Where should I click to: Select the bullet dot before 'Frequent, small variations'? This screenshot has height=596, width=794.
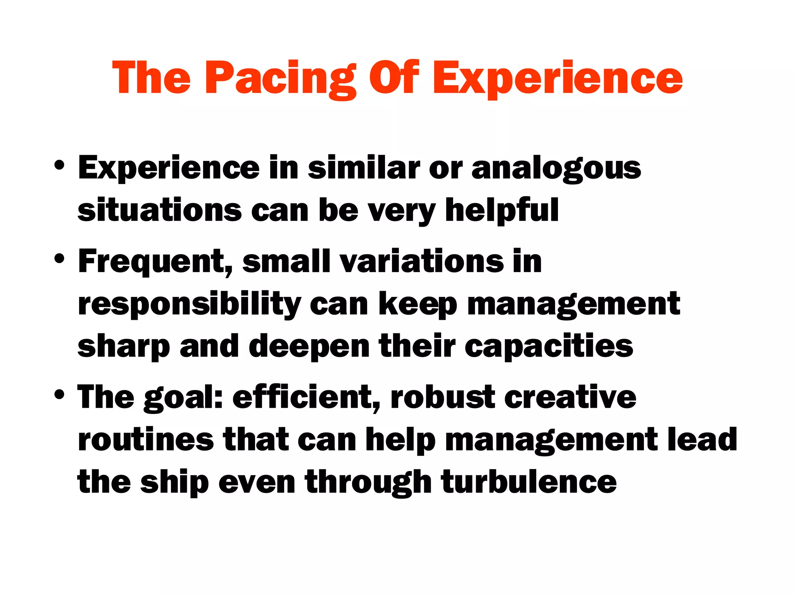pyautogui.click(x=59, y=259)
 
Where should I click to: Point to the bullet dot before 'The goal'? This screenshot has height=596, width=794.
pyautogui.click(x=59, y=395)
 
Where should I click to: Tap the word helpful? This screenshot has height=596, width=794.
pyautogui.click(x=502, y=211)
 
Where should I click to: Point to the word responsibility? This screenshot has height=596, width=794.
pyautogui.click(x=190, y=305)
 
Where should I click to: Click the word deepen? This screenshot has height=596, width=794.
pyautogui.click(x=309, y=347)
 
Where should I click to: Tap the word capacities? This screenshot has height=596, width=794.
pyautogui.click(x=549, y=347)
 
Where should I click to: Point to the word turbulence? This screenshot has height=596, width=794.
pyautogui.click(x=529, y=482)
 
